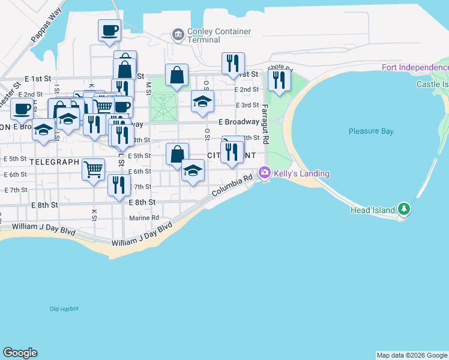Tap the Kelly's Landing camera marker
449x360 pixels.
coord(264,173)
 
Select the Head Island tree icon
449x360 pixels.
coord(405,209)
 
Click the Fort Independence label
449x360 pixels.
coord(415,67)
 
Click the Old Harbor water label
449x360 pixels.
coord(64,309)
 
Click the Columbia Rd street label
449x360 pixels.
coord(231,187)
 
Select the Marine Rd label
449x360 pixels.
coord(146,218)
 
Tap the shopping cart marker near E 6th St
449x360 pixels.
coord(94,169)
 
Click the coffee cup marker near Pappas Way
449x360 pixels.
coord(110,30)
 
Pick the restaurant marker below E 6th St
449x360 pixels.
coord(119,185)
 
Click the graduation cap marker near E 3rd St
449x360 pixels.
coord(202,101)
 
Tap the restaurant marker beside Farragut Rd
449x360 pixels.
coord(280,80)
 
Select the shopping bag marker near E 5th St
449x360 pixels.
coord(177,154)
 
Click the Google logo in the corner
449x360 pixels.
coord(20,353)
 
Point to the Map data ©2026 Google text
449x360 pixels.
coord(412,355)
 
